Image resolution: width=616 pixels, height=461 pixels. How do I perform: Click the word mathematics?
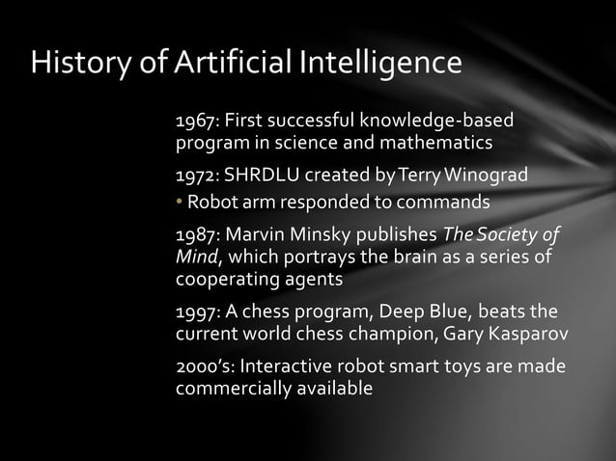tap(436, 145)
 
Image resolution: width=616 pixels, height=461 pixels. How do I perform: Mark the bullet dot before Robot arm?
tap(179, 203)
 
